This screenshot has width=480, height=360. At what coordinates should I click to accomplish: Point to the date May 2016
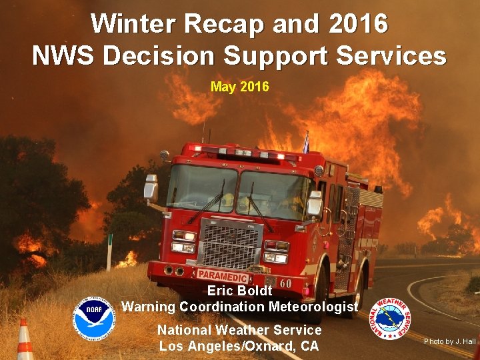pos(239,87)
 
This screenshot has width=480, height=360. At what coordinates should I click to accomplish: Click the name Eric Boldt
pos(239,291)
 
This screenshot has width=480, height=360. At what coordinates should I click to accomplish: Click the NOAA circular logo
pos(94,317)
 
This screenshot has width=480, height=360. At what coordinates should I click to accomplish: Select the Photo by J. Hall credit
pos(450,341)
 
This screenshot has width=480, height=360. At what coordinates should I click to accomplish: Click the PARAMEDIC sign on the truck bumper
pos(223,275)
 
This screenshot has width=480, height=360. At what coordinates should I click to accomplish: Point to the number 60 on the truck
pos(285,283)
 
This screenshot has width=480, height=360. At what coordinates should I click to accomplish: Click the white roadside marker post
pos(109,252)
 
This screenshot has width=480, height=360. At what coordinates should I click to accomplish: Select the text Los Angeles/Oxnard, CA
pos(239,346)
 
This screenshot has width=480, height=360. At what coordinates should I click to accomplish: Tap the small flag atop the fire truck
pos(306,142)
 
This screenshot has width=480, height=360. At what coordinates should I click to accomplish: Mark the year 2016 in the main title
pos(357,24)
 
